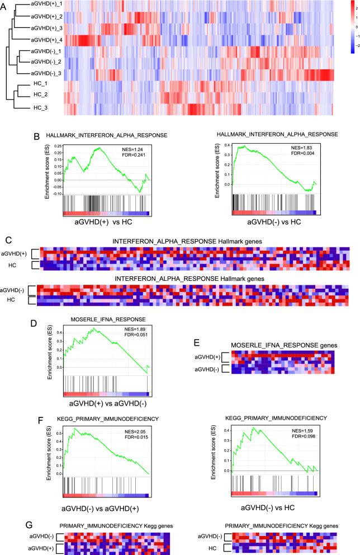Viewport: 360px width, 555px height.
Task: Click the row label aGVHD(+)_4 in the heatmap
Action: point(40,40)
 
